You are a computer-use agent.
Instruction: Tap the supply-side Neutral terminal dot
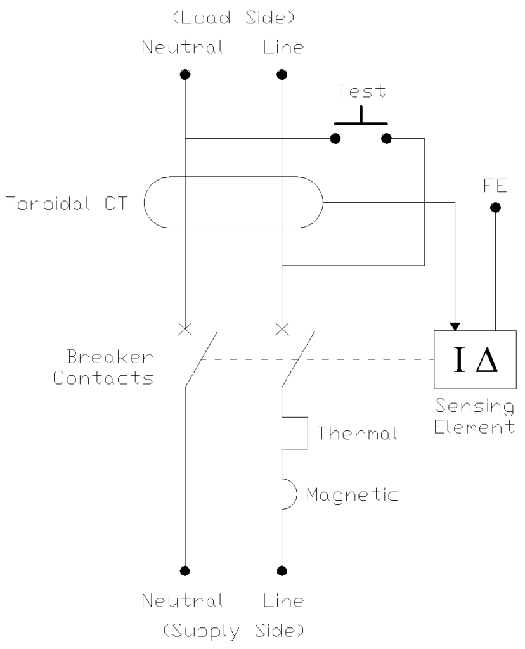[185, 570]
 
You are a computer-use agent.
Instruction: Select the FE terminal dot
[496, 207]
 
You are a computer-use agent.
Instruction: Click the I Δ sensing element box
[472, 359]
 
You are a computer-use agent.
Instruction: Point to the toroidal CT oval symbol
[233, 203]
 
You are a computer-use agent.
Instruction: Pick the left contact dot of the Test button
[337, 139]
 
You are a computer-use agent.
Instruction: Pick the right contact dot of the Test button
[386, 139]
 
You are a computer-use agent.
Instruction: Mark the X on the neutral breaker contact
[185, 328]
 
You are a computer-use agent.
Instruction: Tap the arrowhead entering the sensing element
[454, 326]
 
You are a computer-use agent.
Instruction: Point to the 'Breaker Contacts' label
[103, 368]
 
